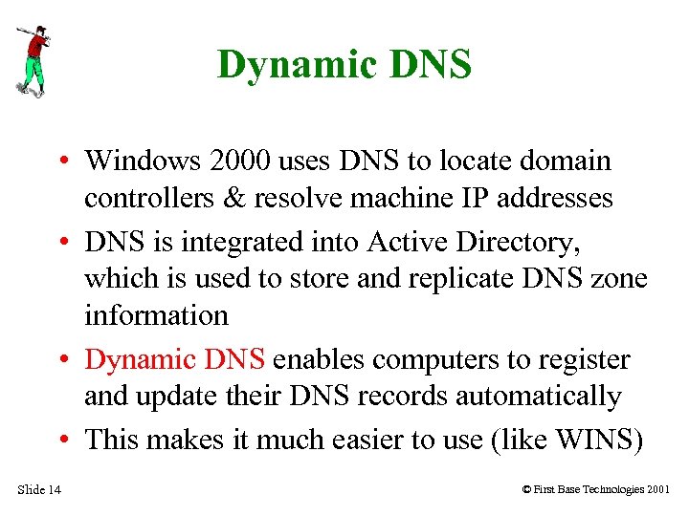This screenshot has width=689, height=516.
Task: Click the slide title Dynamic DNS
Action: [x=344, y=65]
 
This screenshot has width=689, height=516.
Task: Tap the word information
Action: [x=156, y=314]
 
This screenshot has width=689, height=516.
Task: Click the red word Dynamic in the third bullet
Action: [x=141, y=359]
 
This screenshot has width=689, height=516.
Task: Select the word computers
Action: [x=439, y=359]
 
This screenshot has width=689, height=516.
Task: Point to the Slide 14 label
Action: [x=39, y=490]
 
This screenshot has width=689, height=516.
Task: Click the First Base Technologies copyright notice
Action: [x=596, y=490]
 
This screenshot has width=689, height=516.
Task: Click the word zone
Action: [x=621, y=278]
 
